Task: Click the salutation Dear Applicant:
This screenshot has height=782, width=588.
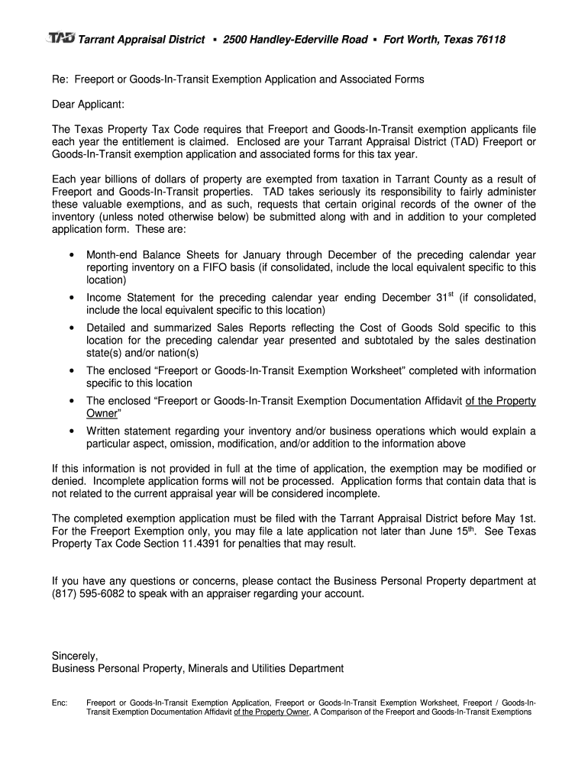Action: tap(88, 103)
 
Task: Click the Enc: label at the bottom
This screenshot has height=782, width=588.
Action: tap(60, 702)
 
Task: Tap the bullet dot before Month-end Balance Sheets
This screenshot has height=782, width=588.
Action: tap(71, 255)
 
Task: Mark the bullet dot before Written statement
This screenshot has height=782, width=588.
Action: tap(71, 431)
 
